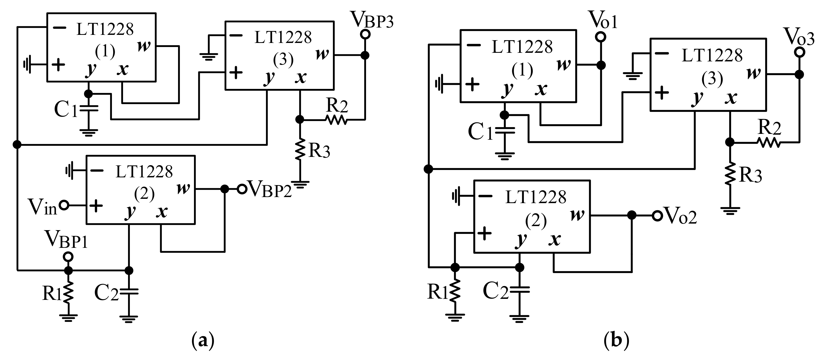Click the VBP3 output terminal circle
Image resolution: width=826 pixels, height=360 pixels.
coord(365,34)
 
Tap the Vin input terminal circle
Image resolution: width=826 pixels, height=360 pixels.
coord(64,205)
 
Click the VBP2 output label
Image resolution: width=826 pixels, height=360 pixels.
coord(270,189)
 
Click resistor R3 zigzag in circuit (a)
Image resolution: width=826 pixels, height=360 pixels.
coord(300,149)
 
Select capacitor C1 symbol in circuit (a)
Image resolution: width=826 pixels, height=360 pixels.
coord(88,108)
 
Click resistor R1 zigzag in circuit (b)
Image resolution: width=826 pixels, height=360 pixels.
coord(455,291)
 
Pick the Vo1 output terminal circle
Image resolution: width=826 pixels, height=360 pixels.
coord(601,37)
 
